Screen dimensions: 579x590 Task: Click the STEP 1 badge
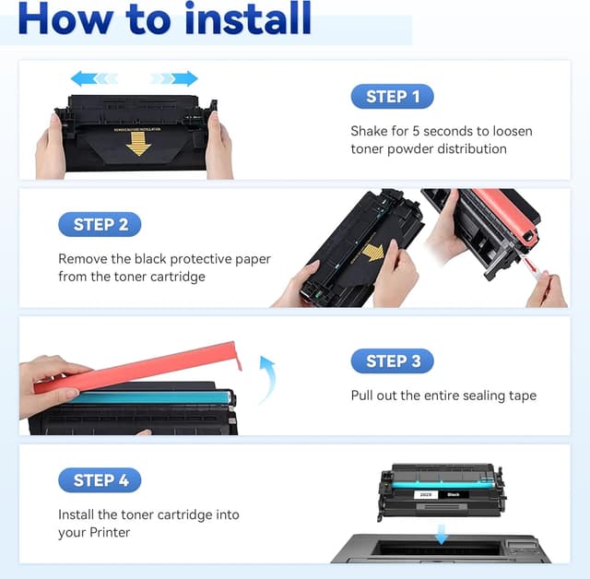392,97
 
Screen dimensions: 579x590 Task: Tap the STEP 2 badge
100,224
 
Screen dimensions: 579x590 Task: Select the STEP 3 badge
392,360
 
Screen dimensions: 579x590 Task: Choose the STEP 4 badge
100,479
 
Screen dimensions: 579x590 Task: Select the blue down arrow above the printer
440,533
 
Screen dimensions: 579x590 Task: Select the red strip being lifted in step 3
138,369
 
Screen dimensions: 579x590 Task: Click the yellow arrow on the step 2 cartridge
372,252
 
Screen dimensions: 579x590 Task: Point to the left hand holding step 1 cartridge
51,148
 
